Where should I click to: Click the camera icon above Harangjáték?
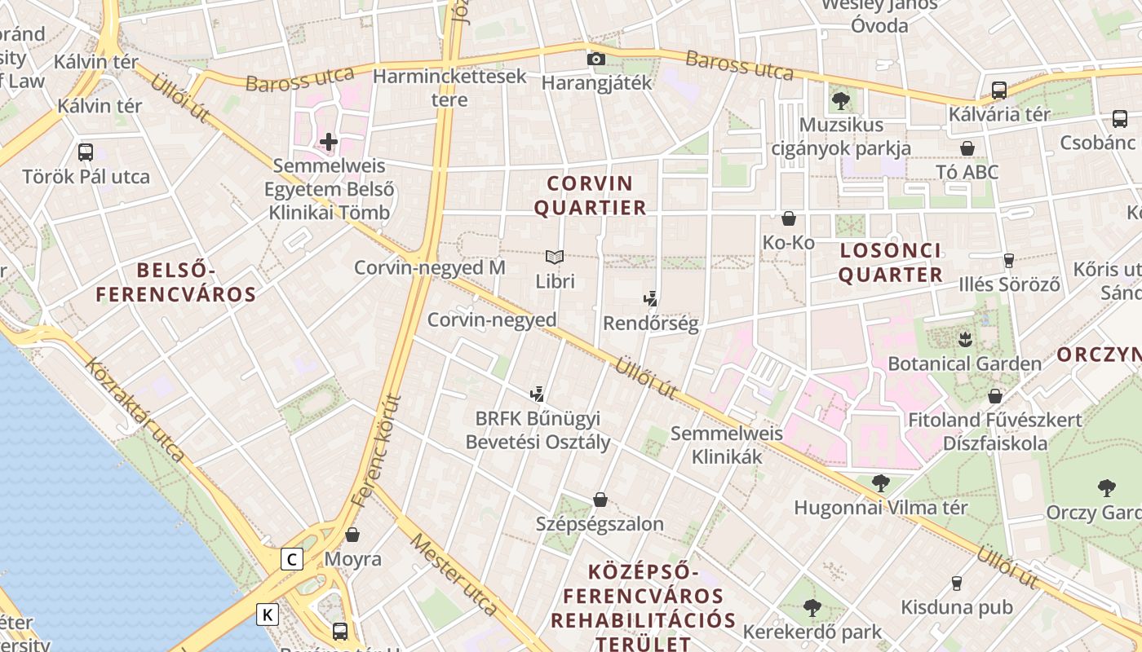(596, 59)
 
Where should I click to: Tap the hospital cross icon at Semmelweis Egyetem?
(329, 142)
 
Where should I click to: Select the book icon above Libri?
(555, 258)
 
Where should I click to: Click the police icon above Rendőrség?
(650, 299)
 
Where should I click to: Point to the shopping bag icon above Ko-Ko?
(788, 218)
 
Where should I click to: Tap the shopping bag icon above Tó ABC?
(967, 148)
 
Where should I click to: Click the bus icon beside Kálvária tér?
(999, 90)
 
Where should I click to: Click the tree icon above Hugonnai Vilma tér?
(880, 483)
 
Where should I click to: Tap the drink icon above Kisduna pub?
(957, 584)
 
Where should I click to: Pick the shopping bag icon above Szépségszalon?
(600, 500)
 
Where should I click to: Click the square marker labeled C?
(292, 559)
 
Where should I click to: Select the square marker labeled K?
(268, 614)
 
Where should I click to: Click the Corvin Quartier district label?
(591, 196)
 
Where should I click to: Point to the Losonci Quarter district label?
(890, 262)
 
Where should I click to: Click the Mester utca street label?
(454, 575)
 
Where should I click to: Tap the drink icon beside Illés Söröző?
(1009, 261)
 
